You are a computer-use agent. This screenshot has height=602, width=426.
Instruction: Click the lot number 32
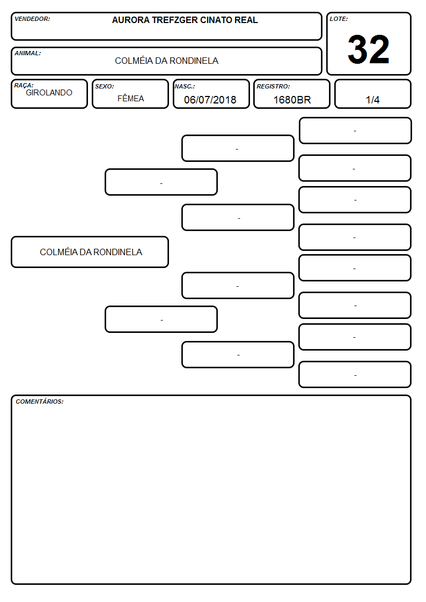point(369,49)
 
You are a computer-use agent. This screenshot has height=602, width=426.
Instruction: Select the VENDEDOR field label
point(32,19)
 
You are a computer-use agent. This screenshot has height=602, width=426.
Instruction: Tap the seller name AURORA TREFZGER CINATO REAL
point(185,20)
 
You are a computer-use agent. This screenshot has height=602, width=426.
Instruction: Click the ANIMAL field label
point(28,53)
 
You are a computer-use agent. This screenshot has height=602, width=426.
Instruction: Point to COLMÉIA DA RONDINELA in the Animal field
point(167,61)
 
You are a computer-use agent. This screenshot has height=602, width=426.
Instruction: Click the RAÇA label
point(24,85)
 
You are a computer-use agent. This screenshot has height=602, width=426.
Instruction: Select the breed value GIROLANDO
point(49,93)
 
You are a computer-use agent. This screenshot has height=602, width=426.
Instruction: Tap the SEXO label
point(105,86)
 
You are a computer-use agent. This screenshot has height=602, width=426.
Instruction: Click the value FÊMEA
point(130,98)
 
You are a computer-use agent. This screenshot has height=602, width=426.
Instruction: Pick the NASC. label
point(185,86)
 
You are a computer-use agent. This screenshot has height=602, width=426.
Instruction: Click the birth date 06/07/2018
point(210,100)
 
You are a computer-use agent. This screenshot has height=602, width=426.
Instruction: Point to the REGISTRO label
point(273,86)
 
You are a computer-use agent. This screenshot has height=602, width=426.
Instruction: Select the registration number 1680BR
point(292,100)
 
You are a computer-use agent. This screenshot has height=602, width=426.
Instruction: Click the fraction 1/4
point(372,100)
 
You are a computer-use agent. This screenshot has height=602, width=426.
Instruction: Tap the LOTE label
point(339,19)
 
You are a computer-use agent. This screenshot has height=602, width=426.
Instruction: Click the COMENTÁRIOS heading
point(40,402)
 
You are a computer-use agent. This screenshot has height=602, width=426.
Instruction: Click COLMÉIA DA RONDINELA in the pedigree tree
point(91,252)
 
